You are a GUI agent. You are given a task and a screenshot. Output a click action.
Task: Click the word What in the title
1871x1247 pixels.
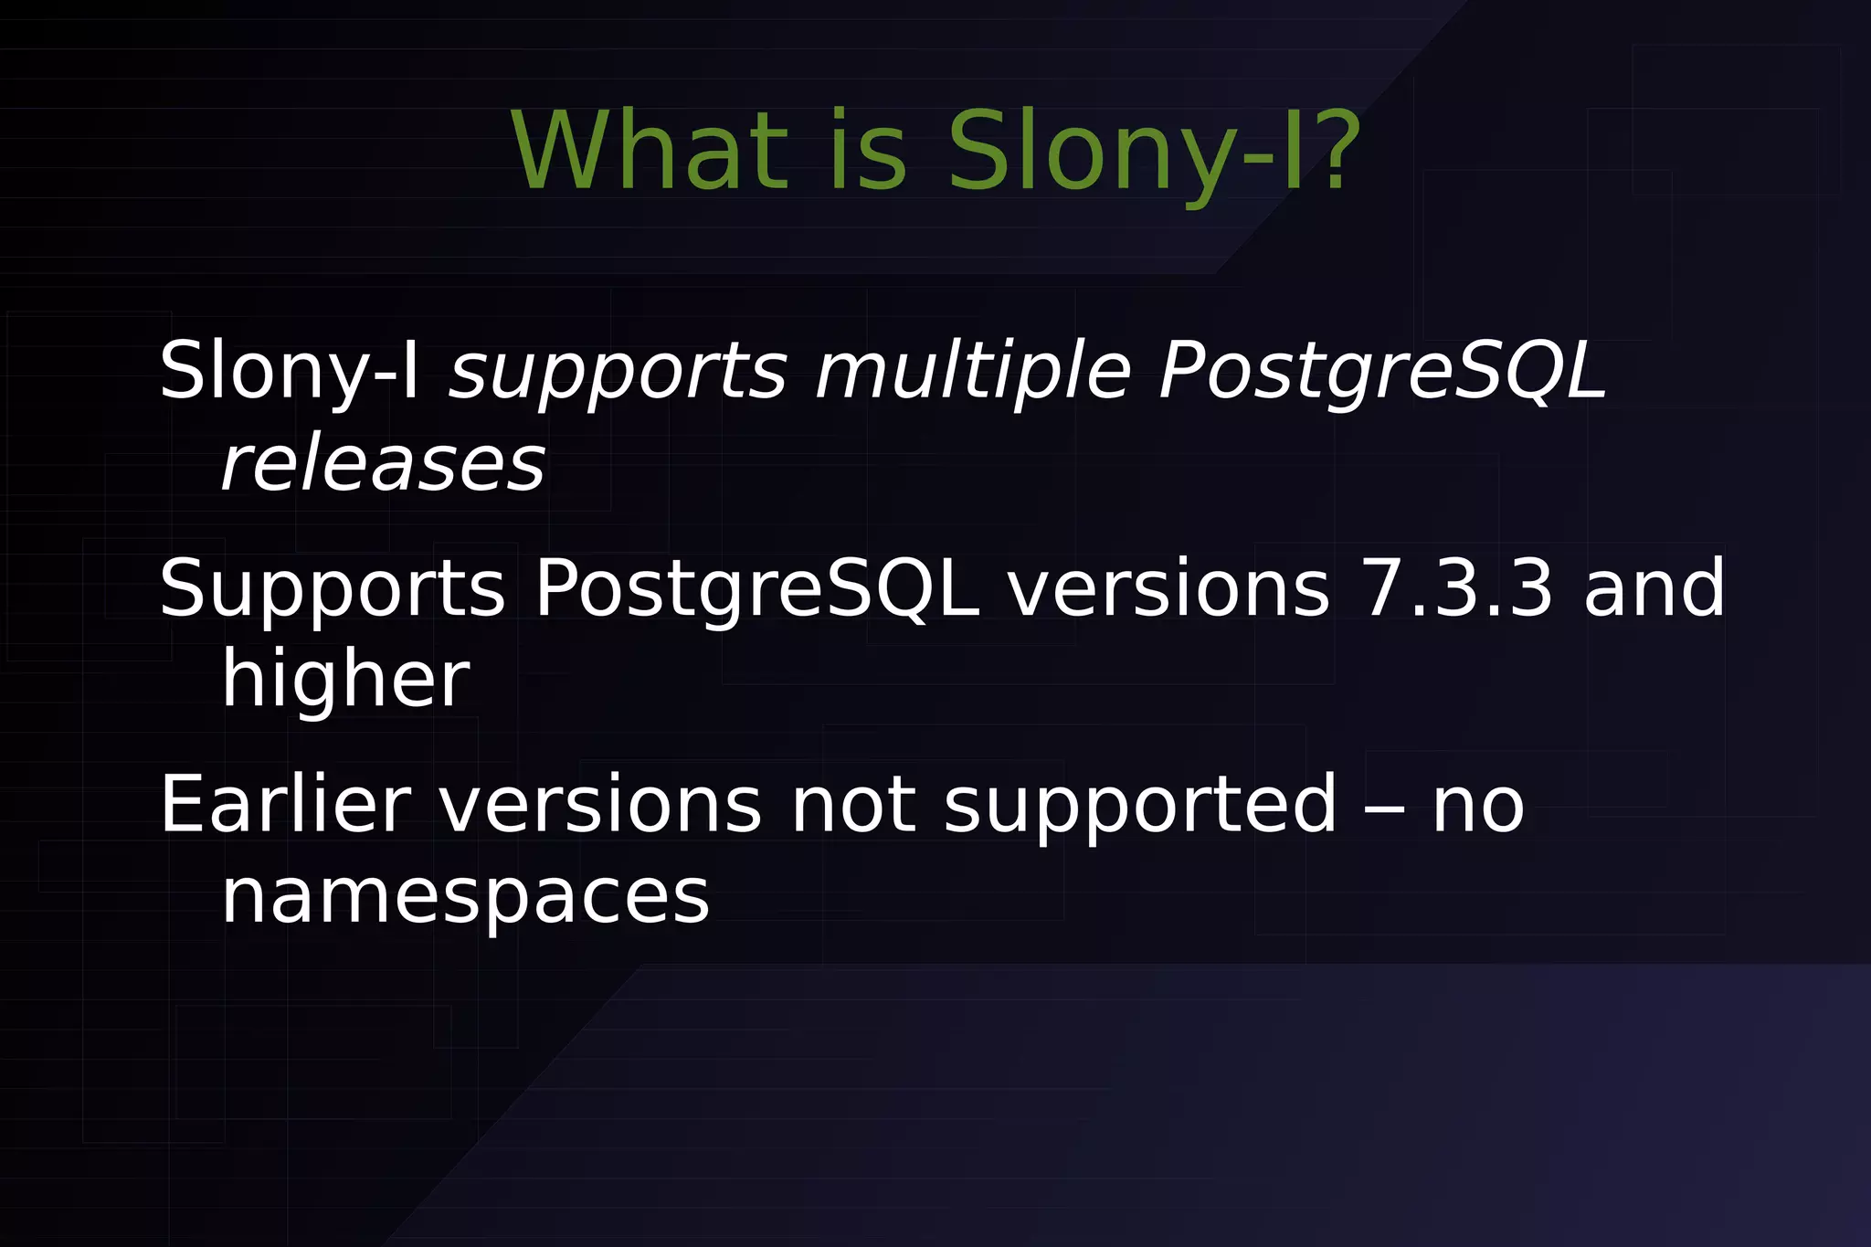pos(650,151)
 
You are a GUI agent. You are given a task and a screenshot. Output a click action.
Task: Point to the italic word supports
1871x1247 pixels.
pos(618,373)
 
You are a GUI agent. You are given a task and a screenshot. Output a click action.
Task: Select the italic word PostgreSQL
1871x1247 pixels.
pos(1381,373)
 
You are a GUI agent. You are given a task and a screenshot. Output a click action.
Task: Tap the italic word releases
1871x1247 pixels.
pos(383,464)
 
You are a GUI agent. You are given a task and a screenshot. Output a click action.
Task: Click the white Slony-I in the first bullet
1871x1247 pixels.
pos(289,371)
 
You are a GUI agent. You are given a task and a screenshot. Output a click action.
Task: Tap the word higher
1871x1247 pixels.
pos(345,680)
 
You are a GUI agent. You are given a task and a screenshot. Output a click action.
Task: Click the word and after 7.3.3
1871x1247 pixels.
pos(1654,588)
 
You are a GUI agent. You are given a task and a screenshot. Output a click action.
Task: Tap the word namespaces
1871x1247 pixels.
pos(465,897)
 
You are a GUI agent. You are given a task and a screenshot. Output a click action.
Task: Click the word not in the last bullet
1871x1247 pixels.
pos(852,804)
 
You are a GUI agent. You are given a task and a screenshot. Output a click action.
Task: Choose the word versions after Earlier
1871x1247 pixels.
pos(600,804)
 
